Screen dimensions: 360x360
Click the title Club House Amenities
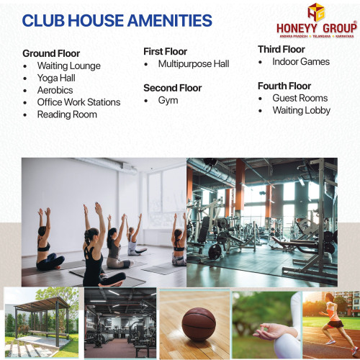tap(117, 20)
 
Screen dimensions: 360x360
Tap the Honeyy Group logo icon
tap(316, 12)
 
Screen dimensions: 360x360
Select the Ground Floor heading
tap(51, 53)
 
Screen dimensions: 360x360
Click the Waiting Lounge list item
tap(69, 66)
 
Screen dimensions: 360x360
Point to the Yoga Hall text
tap(56, 78)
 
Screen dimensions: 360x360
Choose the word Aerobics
tap(55, 90)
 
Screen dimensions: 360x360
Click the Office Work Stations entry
tap(78, 102)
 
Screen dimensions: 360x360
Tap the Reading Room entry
tap(67, 114)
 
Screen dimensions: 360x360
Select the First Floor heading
tap(165, 51)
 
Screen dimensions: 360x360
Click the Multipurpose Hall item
tap(194, 64)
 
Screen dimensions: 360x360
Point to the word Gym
tap(168, 101)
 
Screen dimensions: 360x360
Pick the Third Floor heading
tap(282, 50)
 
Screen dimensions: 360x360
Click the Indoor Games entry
tap(301, 62)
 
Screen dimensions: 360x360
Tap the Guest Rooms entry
tap(300, 98)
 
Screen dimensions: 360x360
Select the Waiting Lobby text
tap(302, 111)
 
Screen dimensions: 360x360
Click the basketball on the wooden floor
tap(199, 325)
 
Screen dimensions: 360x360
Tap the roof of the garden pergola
tap(42, 303)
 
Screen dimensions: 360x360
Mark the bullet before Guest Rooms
tap(261, 99)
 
